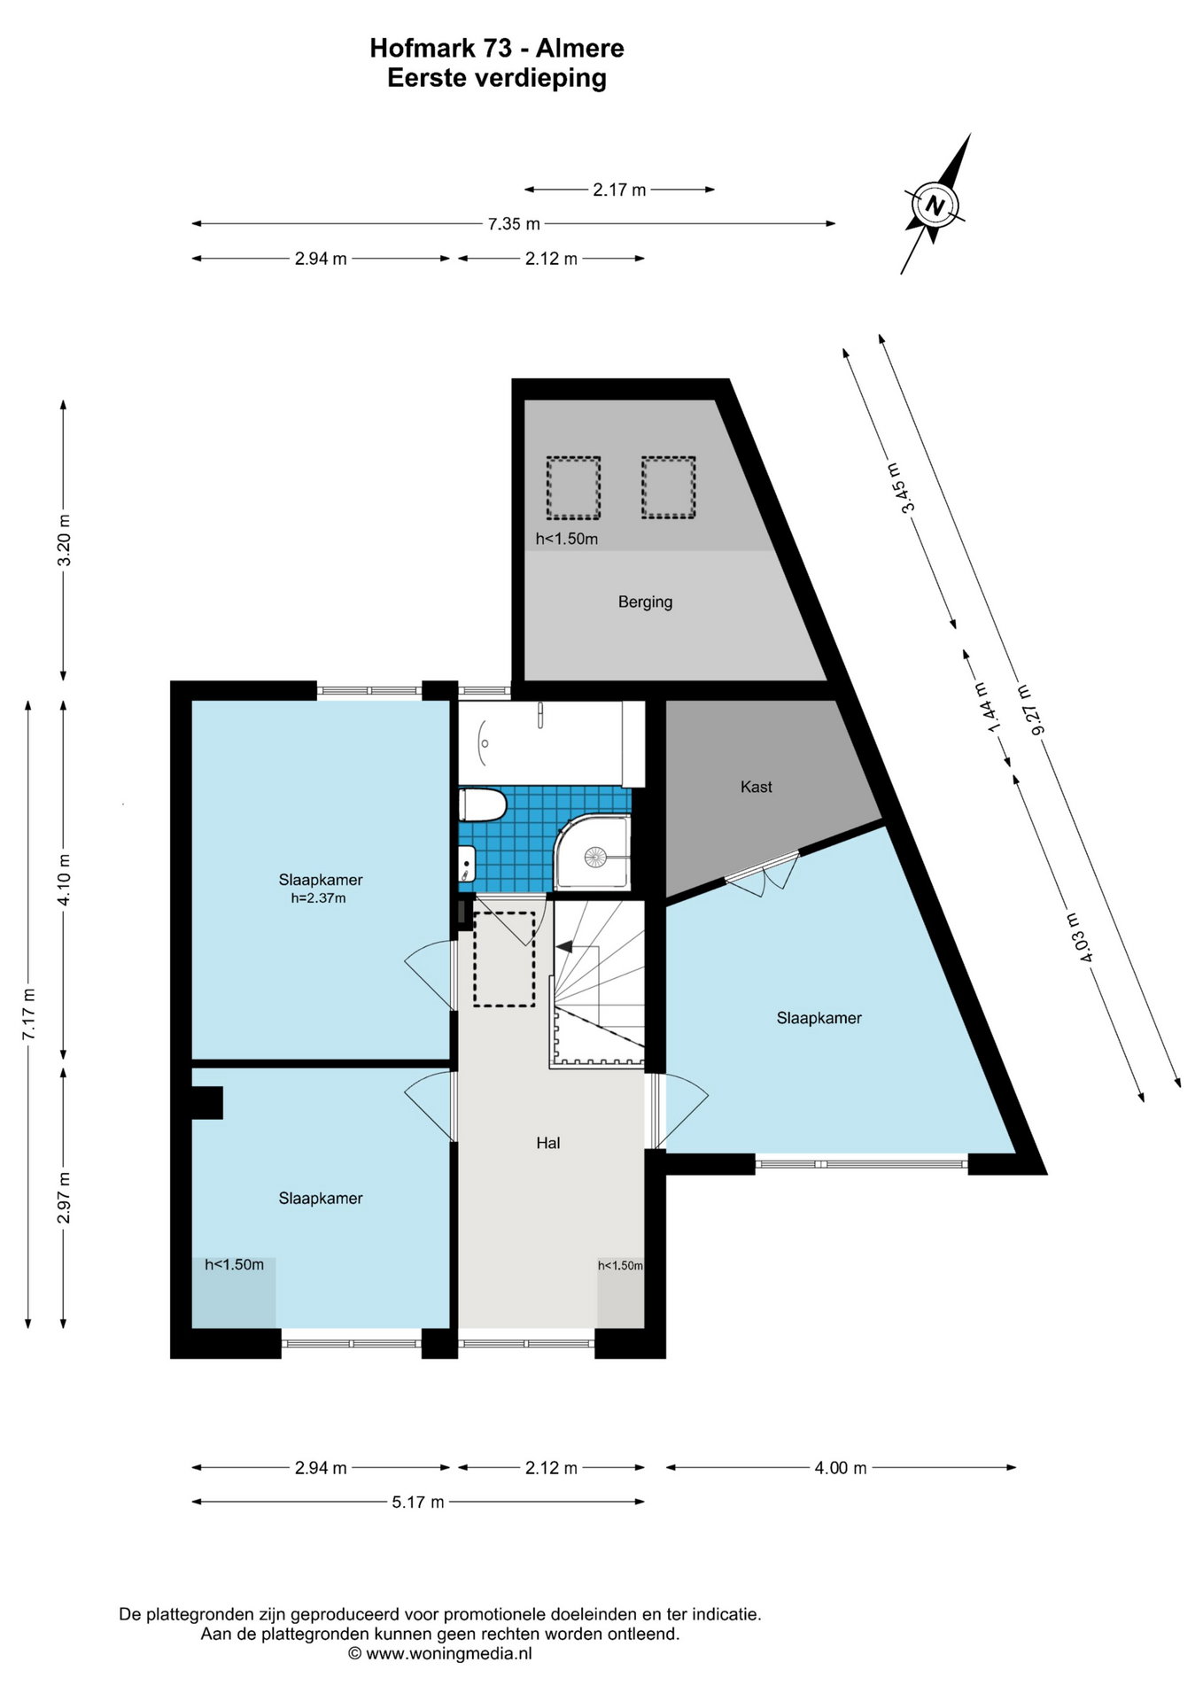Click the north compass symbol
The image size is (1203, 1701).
tap(935, 206)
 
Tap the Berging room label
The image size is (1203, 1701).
tap(645, 602)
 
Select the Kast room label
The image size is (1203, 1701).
tap(757, 787)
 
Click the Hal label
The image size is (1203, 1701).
tap(548, 1143)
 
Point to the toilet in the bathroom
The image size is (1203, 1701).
tap(482, 806)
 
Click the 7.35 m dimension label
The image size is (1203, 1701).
tap(514, 224)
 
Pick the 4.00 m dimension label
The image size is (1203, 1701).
tap(841, 1468)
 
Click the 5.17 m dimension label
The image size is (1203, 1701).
tap(417, 1502)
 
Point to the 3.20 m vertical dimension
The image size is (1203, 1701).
tap(63, 540)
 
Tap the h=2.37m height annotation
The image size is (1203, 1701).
tap(318, 898)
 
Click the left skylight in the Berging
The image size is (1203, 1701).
tap(573, 487)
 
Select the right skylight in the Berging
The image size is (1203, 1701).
tap(669, 487)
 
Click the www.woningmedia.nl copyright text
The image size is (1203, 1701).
tap(440, 1653)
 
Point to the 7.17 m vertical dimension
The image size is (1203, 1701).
tap(28, 1014)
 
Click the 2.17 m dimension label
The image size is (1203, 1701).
tap(619, 190)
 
